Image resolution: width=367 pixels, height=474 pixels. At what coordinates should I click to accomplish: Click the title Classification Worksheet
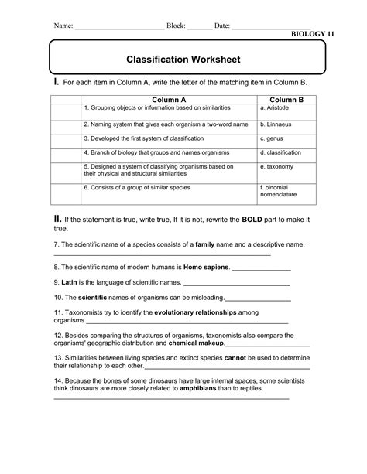(x=183, y=59)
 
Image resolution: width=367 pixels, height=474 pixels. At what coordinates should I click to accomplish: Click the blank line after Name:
(x=119, y=27)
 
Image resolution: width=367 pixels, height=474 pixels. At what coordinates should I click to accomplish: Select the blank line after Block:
(x=200, y=27)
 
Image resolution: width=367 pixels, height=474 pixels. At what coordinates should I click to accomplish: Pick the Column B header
(x=286, y=100)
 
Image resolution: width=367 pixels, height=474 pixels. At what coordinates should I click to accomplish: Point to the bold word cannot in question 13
(x=235, y=359)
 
